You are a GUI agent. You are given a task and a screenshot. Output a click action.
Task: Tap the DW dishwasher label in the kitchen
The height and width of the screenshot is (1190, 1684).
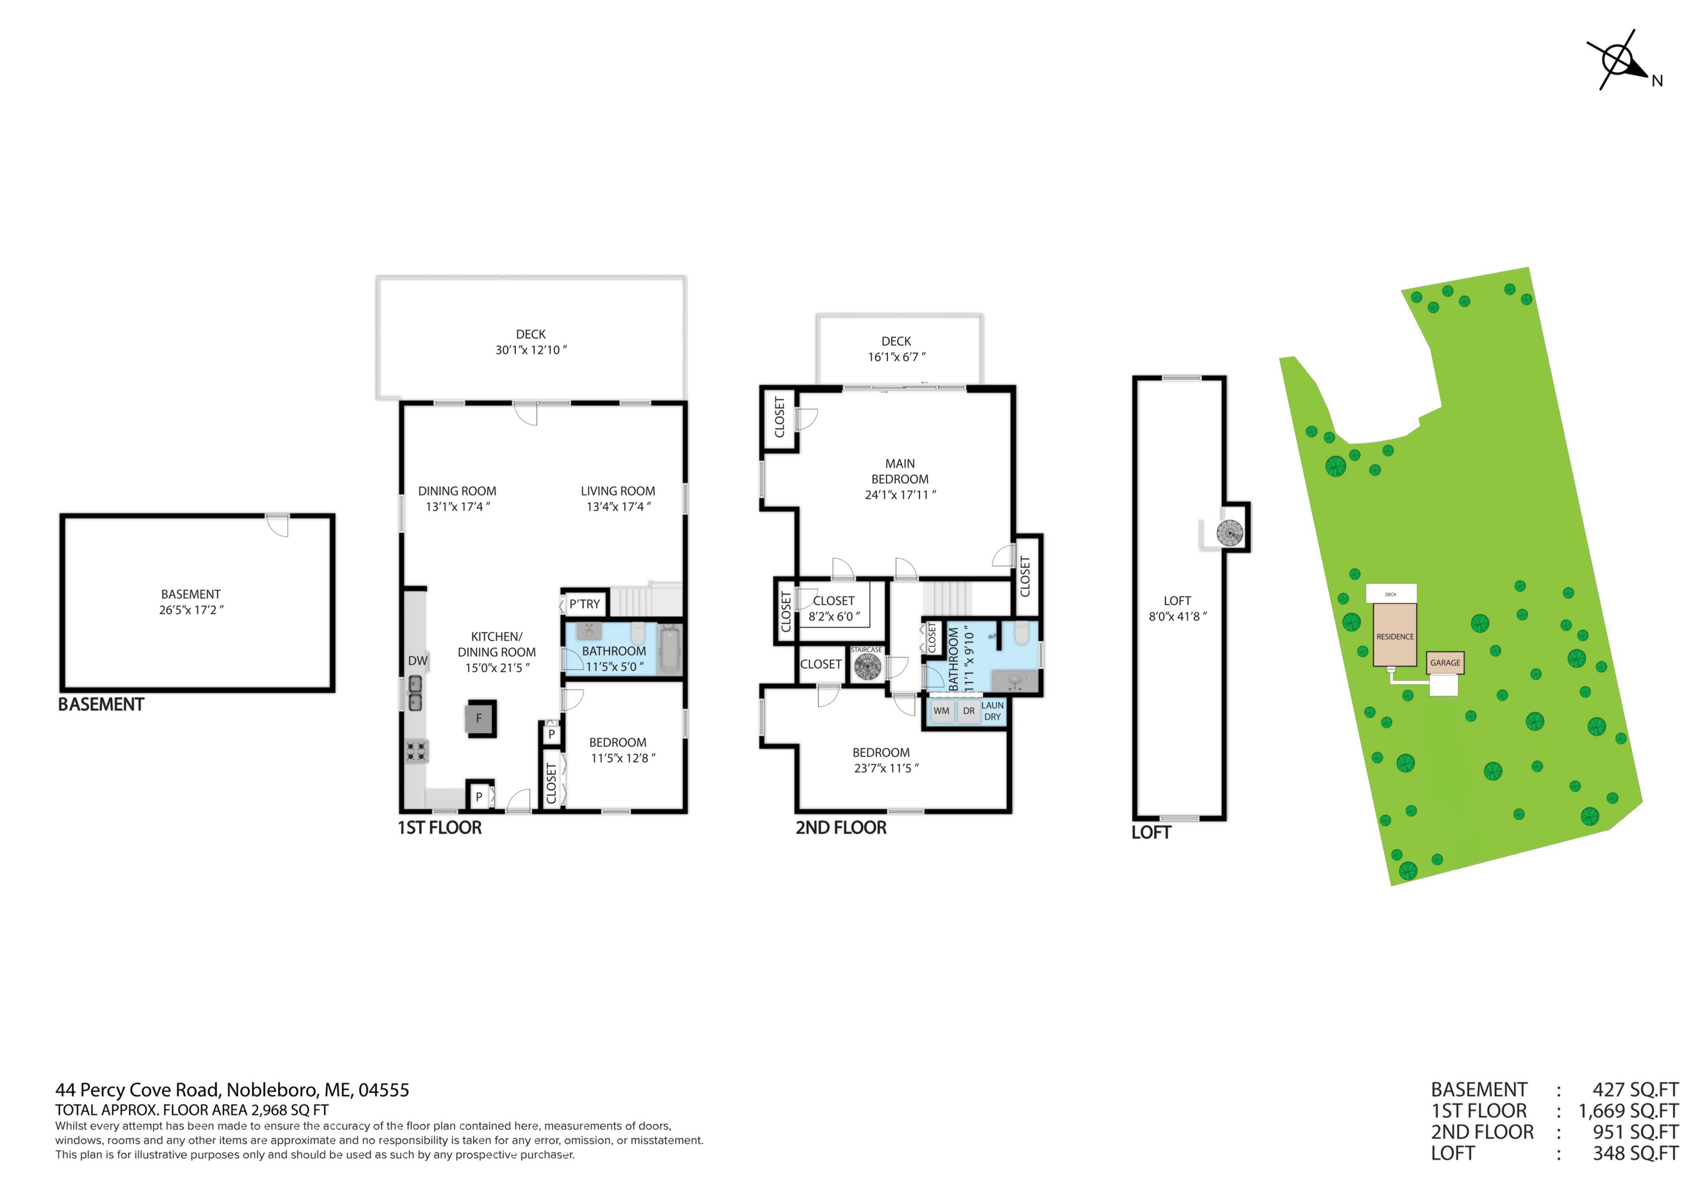(417, 660)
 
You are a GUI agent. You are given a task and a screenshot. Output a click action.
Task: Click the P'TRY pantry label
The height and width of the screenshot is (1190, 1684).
(584, 604)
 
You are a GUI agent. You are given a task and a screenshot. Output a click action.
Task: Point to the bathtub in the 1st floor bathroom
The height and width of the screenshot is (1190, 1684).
(670, 649)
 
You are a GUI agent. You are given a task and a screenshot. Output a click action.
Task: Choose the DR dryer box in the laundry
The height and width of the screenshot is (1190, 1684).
(969, 711)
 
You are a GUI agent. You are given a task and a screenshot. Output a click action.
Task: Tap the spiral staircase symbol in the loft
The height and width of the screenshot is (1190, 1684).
(1229, 532)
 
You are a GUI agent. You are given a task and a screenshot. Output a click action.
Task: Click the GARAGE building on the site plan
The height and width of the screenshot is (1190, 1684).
(1445, 663)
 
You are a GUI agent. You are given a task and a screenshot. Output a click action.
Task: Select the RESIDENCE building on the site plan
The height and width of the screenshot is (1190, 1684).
(1394, 635)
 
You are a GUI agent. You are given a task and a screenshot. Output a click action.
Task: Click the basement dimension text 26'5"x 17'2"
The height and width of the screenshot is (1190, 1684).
(191, 610)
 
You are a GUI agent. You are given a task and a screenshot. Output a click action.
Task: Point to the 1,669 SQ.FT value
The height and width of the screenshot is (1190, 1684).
(1627, 1111)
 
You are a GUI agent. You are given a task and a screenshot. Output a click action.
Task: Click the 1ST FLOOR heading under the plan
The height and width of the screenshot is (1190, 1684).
(440, 828)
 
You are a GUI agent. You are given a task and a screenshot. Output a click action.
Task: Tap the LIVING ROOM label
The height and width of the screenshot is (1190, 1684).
(617, 491)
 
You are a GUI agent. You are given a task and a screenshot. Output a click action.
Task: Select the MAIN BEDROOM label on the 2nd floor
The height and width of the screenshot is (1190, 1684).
(900, 471)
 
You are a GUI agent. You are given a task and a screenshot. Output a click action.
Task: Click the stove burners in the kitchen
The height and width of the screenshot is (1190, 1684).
(417, 751)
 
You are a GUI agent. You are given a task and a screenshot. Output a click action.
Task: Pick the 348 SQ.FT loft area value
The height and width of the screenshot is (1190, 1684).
(1635, 1153)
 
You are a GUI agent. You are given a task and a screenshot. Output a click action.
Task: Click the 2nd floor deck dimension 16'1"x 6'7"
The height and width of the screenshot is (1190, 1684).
(896, 357)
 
